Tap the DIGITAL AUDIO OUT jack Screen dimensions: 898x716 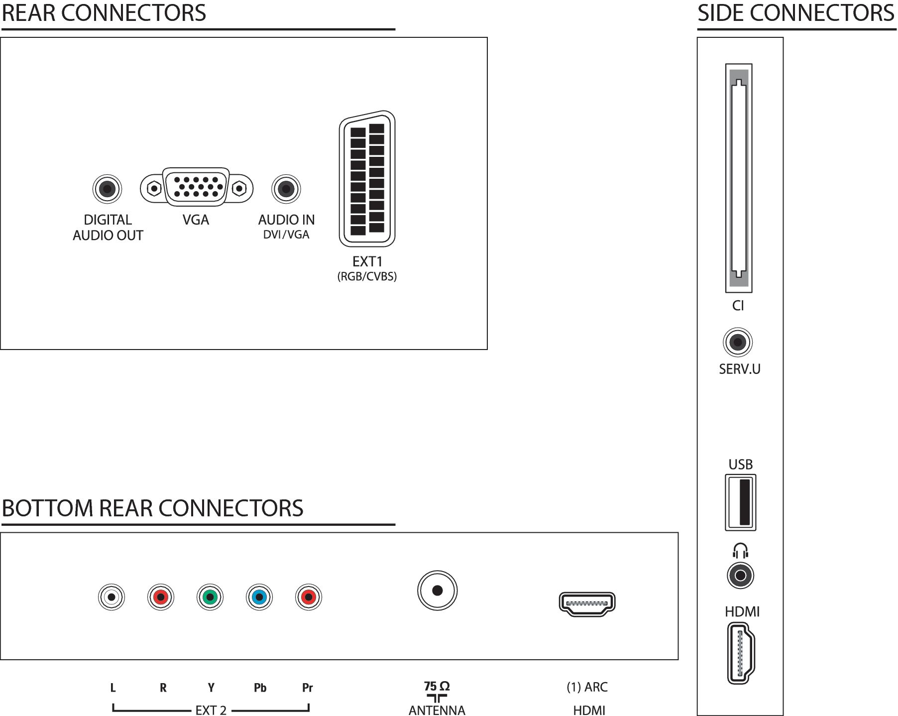pyautogui.click(x=107, y=189)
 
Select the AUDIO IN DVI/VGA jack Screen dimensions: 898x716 pyautogui.click(x=286, y=189)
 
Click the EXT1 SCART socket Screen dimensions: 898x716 pyautogui.click(x=367, y=179)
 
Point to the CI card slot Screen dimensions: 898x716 pyautogui.click(x=739, y=178)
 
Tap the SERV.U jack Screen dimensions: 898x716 pyautogui.click(x=738, y=342)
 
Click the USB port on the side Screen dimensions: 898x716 pyautogui.click(x=741, y=502)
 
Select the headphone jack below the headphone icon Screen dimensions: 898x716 pyautogui.click(x=741, y=576)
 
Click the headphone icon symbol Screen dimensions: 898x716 pyautogui.click(x=741, y=550)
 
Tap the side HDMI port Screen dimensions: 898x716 pyautogui.click(x=741, y=653)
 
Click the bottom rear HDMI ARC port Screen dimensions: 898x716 pyautogui.click(x=587, y=604)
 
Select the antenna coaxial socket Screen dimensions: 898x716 pyautogui.click(x=438, y=591)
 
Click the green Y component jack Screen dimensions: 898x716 pyautogui.click(x=210, y=597)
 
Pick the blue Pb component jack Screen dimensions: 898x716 pyautogui.click(x=259, y=597)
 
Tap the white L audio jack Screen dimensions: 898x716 pyautogui.click(x=112, y=597)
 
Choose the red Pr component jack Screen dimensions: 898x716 pyautogui.click(x=309, y=597)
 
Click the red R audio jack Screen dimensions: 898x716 pyautogui.click(x=161, y=597)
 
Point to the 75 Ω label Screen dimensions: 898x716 pyautogui.click(x=437, y=686)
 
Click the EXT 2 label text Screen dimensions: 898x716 pyautogui.click(x=211, y=710)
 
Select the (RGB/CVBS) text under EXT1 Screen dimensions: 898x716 pyautogui.click(x=367, y=276)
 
